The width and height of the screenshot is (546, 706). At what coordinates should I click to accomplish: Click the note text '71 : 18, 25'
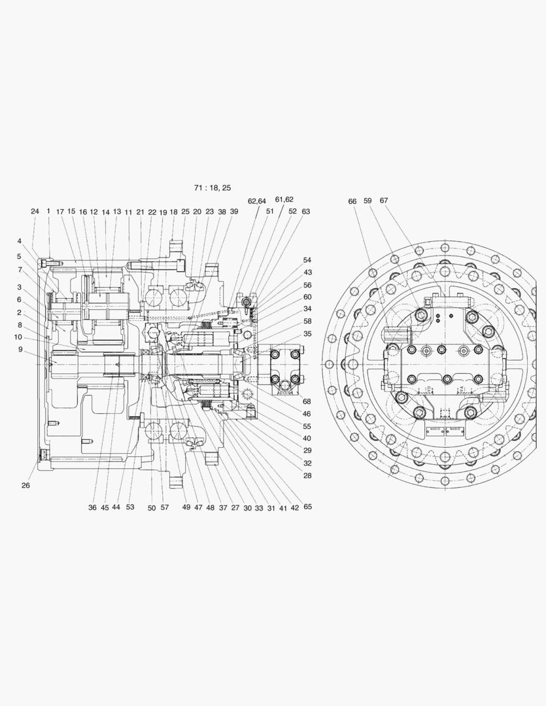click(x=213, y=188)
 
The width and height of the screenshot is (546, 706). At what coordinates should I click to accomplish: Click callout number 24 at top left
click(x=35, y=211)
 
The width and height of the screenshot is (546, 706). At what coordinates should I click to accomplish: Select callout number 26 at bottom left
click(x=26, y=486)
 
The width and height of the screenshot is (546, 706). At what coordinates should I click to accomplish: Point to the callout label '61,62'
click(x=284, y=199)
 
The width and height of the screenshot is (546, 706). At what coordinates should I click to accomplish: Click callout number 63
click(x=306, y=211)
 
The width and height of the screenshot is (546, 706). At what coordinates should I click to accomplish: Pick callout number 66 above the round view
click(x=352, y=201)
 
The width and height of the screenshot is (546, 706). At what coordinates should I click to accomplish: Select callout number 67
click(x=384, y=201)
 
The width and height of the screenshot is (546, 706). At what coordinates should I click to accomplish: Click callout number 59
click(x=367, y=201)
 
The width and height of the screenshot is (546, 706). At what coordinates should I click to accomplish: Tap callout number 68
click(x=307, y=401)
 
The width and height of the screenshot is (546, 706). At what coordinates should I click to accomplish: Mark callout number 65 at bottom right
click(x=307, y=507)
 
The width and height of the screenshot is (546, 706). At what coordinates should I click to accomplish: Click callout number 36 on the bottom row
click(x=92, y=507)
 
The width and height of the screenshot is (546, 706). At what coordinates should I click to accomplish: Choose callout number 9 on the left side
click(x=20, y=349)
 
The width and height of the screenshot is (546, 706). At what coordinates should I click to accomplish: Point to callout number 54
click(x=307, y=260)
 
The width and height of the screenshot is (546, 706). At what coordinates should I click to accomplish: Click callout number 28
click(x=307, y=475)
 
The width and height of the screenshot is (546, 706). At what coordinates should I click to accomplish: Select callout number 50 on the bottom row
click(x=152, y=507)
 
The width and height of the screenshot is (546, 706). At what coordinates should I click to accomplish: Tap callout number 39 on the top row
click(x=234, y=212)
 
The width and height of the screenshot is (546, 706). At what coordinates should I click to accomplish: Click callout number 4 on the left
click(x=20, y=241)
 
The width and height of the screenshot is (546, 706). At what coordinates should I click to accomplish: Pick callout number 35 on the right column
click(x=307, y=333)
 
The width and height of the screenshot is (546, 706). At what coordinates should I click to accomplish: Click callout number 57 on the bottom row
click(x=165, y=507)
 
